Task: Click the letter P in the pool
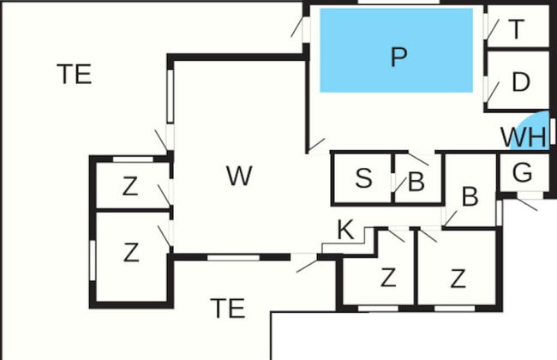point(398,57)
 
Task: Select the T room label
point(517,30)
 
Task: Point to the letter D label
point(520,83)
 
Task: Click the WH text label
point(522,137)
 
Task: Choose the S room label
point(363,179)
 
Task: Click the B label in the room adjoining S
point(416,183)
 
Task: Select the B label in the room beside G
point(470,196)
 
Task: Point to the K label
point(344,230)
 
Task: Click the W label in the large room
point(239,177)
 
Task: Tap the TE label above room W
point(75,75)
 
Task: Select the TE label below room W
point(228,307)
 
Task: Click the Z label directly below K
point(388,278)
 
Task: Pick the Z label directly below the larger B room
point(458,278)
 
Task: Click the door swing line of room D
point(494,89)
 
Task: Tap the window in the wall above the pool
point(384,3)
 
